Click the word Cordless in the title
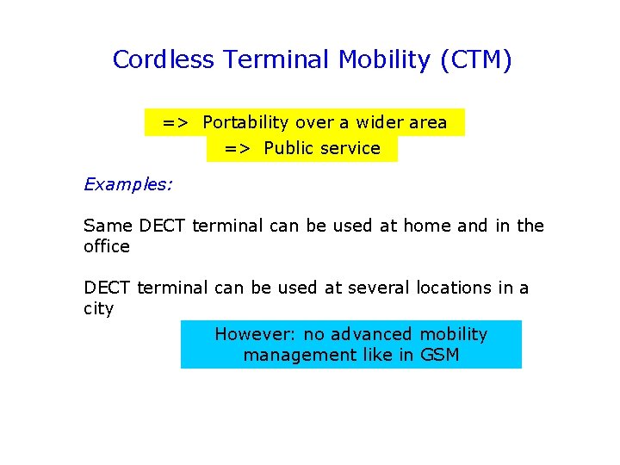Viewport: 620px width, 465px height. [164, 60]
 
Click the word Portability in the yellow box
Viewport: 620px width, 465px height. [247, 122]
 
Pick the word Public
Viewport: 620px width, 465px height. [289, 148]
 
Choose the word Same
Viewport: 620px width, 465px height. [108, 226]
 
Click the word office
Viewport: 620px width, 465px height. [106, 246]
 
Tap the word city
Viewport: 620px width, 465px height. [98, 308]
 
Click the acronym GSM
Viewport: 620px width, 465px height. [439, 355]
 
